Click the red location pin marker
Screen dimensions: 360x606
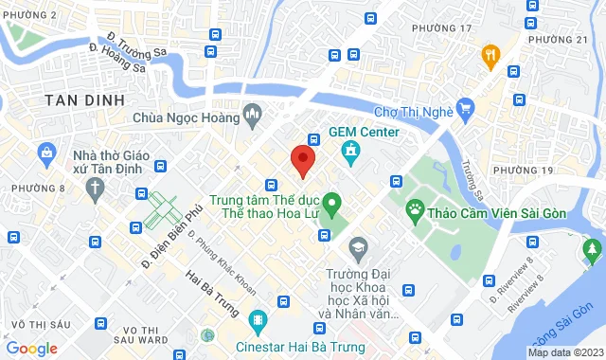click(302, 160)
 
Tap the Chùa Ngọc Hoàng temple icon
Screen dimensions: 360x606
click(252, 117)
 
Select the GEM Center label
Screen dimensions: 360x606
click(364, 131)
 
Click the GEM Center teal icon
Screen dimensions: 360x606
click(349, 151)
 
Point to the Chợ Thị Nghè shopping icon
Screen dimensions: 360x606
click(464, 108)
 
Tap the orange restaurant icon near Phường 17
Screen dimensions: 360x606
click(490, 53)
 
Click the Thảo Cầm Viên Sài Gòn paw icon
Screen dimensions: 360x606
click(415, 207)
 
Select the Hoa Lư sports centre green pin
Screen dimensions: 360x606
click(331, 202)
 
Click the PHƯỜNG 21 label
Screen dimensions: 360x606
click(559, 39)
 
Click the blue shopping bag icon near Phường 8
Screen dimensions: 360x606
click(46, 152)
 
